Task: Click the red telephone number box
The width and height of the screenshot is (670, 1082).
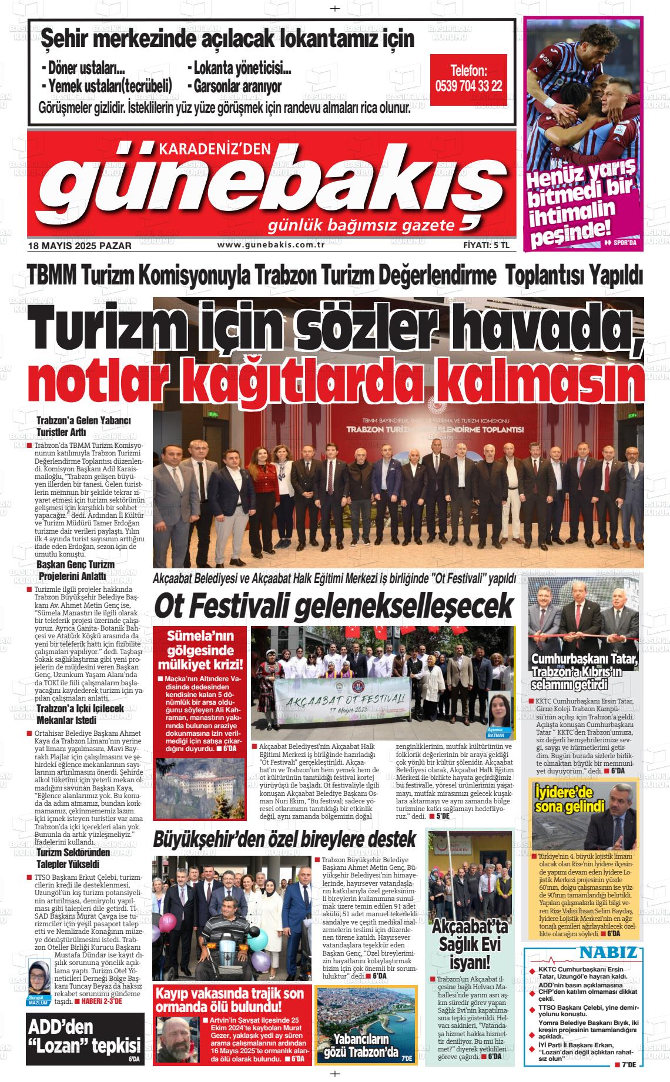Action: [468, 80]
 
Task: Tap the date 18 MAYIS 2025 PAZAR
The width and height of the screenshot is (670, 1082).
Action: [80, 246]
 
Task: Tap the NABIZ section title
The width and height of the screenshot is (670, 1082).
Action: [608, 953]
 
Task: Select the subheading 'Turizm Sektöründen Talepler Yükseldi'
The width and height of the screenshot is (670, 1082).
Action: [68, 859]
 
